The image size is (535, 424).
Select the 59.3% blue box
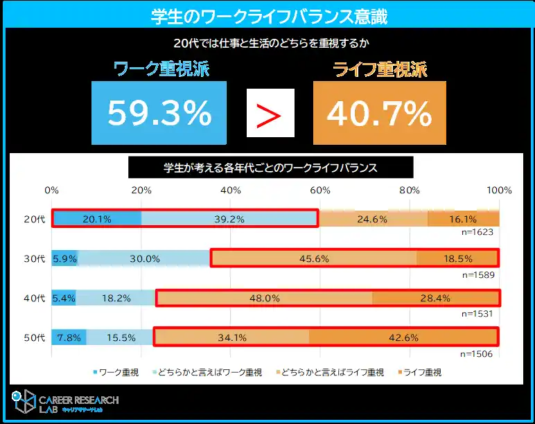pos(159,113)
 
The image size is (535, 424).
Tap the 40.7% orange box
pos(379,113)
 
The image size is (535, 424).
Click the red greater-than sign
pos(270,113)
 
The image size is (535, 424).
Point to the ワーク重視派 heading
pos(161,69)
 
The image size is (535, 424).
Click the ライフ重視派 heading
pos(380,69)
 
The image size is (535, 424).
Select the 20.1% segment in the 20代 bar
pos(97,219)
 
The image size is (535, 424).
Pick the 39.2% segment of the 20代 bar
pos(229,219)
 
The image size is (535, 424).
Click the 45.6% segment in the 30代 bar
pos(314,258)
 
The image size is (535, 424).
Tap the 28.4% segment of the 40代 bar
pos(435,298)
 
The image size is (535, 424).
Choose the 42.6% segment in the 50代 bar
pos(403,337)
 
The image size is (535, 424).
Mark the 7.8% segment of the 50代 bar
pos(69,337)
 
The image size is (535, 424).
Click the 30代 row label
pos(34,258)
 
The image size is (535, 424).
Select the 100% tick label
pos(498,191)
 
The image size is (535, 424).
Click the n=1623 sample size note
pos(477,232)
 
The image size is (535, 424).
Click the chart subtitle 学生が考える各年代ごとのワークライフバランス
pos(270,168)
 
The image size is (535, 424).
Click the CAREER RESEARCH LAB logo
pos(66,404)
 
